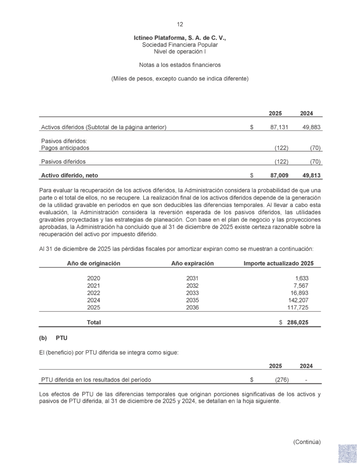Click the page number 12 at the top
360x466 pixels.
tap(180, 25)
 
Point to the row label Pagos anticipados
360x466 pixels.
tap(65, 148)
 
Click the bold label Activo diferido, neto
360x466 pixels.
tap(70, 175)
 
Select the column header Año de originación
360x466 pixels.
tap(94, 263)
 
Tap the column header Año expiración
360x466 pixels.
tap(193, 263)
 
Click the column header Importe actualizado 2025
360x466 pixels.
tap(279, 263)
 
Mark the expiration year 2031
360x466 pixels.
tap(193, 279)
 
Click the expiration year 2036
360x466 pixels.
tap(193, 308)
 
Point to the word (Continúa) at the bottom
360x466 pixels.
tap(307, 442)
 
